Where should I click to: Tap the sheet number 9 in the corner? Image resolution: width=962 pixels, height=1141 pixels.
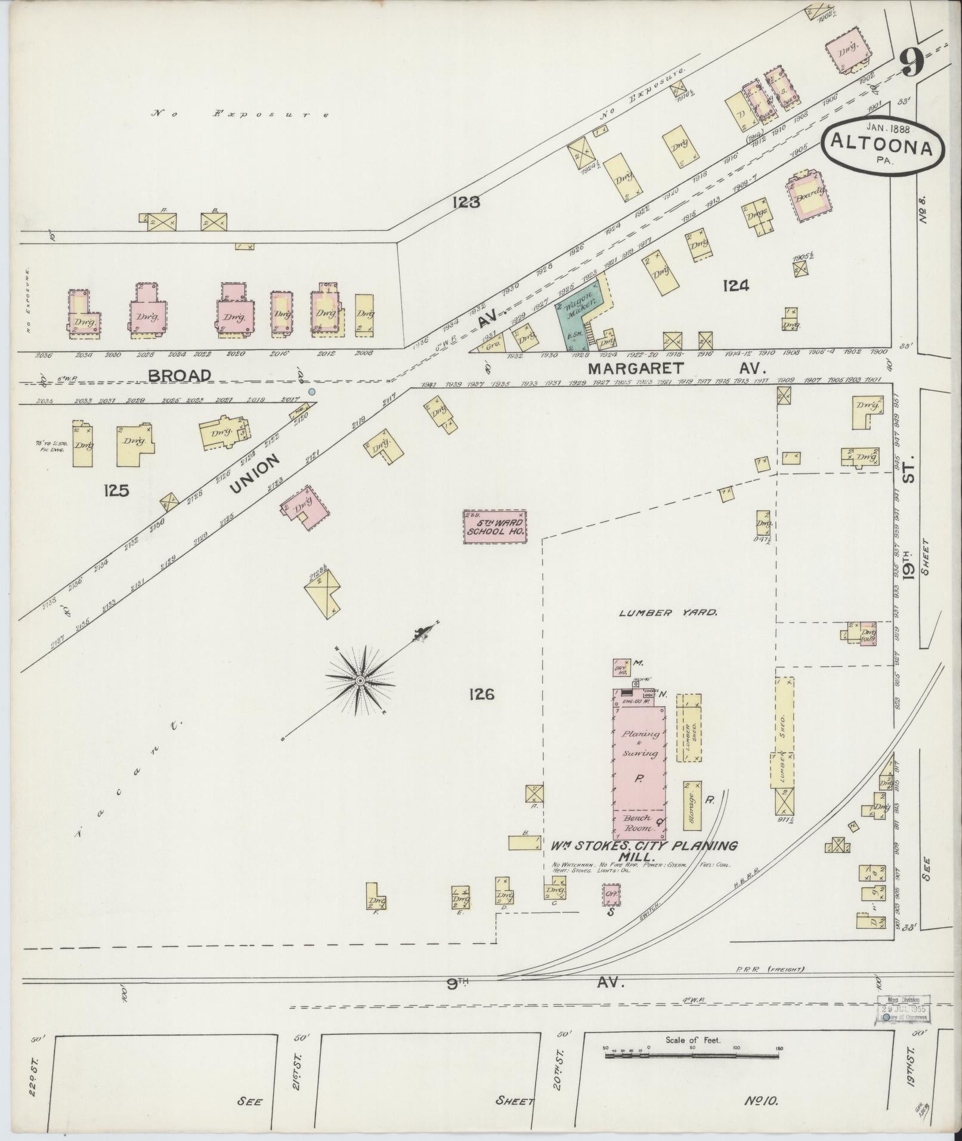click(x=911, y=62)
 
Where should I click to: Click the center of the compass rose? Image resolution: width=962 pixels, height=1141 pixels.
click(x=360, y=681)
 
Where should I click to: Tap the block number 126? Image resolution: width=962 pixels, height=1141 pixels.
click(x=481, y=694)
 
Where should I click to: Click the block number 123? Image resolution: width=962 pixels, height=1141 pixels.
click(x=466, y=202)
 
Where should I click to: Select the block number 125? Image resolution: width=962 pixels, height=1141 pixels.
click(x=116, y=490)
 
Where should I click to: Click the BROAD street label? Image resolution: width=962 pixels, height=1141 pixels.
click(x=179, y=376)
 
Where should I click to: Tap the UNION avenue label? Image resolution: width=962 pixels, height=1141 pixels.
click(x=255, y=474)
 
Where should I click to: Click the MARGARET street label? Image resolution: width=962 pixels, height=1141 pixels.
click(x=635, y=368)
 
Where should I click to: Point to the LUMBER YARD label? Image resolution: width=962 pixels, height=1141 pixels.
click(x=668, y=612)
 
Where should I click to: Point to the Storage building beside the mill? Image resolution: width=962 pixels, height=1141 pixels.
click(x=692, y=805)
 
